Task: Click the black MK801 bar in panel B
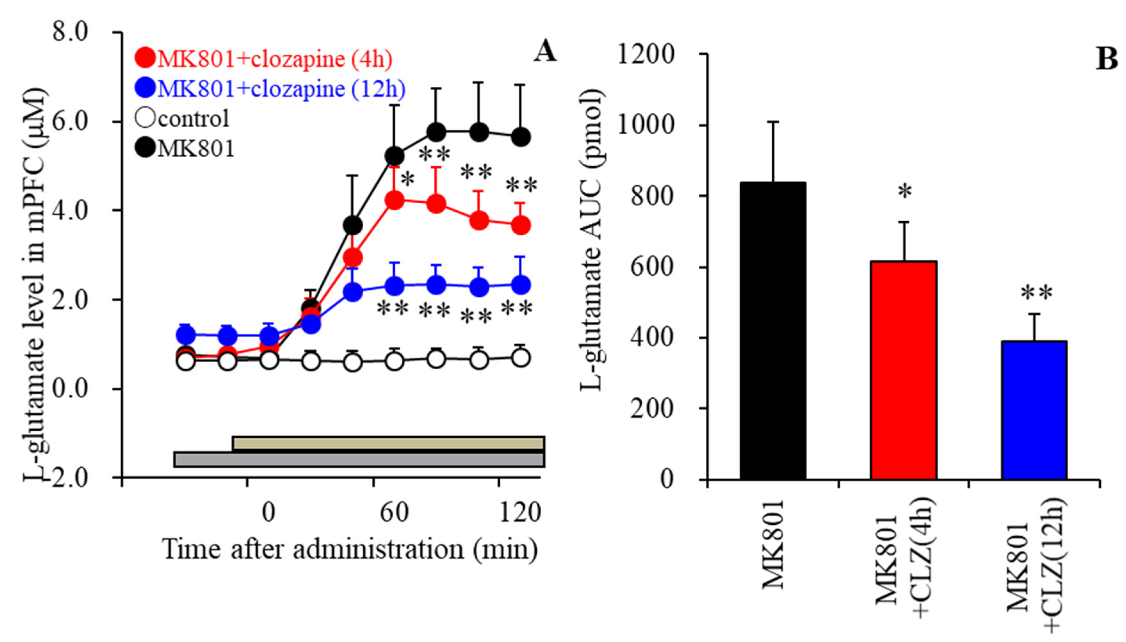[773, 331]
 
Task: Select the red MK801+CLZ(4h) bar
[904, 370]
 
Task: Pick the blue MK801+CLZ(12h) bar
[1034, 410]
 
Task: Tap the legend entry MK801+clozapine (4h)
[265, 59]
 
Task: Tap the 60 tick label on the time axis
[394, 513]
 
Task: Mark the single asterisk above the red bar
[905, 192]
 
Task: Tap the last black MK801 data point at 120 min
[521, 137]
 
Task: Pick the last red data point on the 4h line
[521, 226]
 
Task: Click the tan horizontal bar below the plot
[389, 443]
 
